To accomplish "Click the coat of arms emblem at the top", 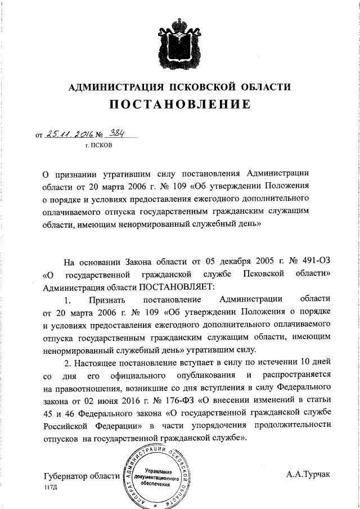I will pos(180,40).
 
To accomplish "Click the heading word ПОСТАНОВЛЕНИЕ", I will pos(179,105).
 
